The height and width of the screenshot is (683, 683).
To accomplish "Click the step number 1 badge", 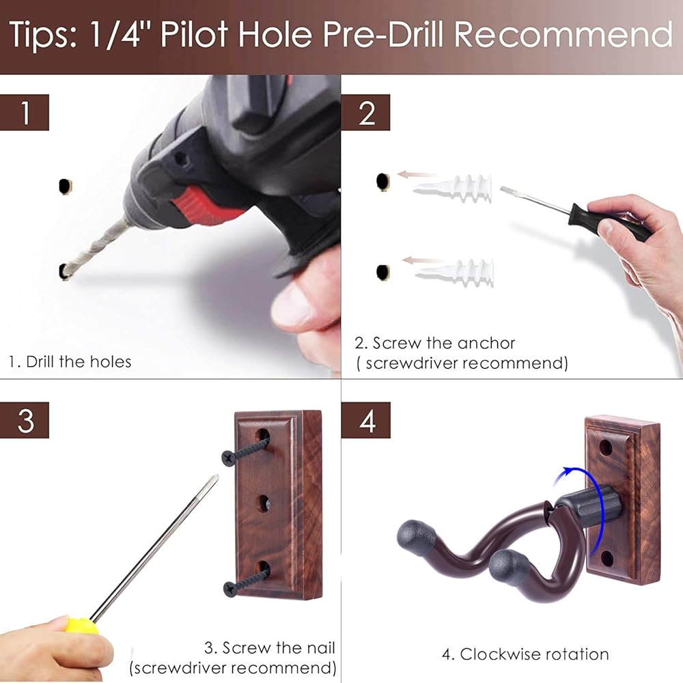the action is click(25, 113).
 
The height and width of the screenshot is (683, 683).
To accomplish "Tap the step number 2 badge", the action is click(366, 113).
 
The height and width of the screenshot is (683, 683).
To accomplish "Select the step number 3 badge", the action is click(25, 420).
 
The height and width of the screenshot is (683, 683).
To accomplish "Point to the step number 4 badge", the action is click(366, 420).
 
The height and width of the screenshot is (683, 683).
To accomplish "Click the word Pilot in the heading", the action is click(194, 34).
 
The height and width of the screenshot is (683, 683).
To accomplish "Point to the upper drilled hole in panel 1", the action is click(65, 186).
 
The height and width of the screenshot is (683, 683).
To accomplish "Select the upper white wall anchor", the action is click(453, 189).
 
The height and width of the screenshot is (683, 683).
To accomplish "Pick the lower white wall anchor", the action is click(455, 273).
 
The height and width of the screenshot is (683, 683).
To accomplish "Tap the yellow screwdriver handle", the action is click(80, 626).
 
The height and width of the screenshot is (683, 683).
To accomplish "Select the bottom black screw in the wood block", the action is click(246, 583).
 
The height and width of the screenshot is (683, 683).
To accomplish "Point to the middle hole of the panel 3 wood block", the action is click(263, 504).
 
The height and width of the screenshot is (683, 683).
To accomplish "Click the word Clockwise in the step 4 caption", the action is click(494, 654).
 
